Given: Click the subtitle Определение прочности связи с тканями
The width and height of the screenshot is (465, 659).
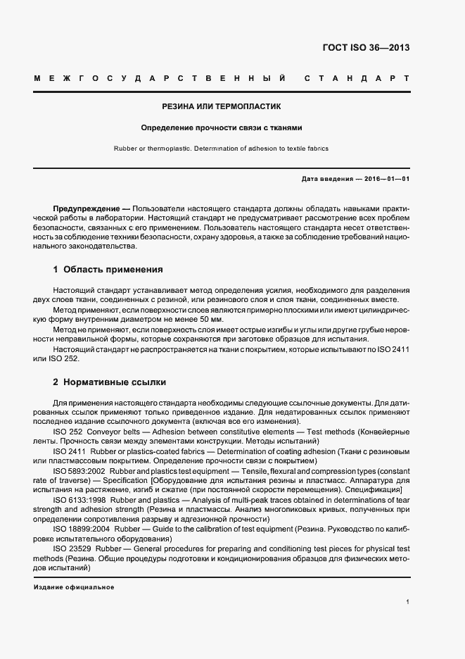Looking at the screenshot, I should pos(222,128).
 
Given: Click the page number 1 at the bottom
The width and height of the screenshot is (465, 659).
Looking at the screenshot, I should pos(408,602).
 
